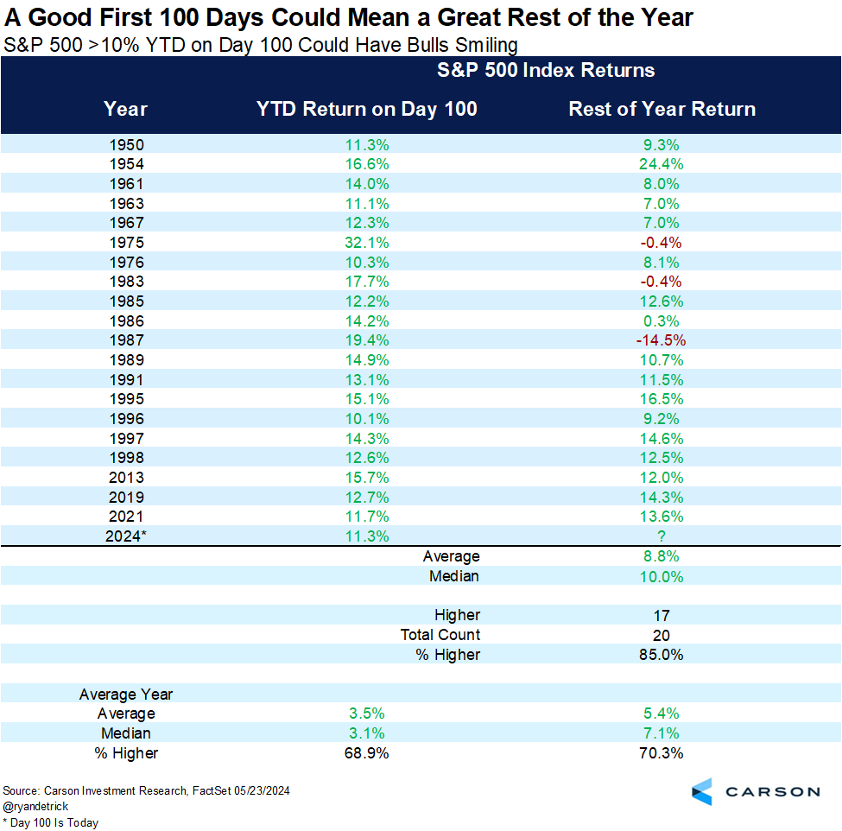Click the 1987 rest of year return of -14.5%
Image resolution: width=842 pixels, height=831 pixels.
[662, 340]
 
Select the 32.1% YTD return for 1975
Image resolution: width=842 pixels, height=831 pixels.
[364, 243]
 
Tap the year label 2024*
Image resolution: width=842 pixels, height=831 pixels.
[126, 536]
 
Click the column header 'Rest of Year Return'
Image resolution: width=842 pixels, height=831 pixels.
[662, 109]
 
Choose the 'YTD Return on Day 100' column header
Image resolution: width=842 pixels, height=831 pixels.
[366, 109]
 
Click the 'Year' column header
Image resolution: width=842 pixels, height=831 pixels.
[126, 109]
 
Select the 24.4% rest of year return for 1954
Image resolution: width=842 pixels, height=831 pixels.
[662, 164]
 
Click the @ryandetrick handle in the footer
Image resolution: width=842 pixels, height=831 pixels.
[37, 807]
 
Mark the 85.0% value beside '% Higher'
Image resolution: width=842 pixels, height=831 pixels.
[662, 655]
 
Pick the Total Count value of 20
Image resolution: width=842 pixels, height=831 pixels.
[662, 635]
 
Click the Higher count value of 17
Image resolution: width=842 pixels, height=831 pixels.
[662, 615]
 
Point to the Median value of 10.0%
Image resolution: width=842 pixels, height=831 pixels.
[662, 576]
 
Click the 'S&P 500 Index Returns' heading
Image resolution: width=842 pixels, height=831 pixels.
[546, 70]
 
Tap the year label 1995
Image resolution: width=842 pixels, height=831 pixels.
[126, 399]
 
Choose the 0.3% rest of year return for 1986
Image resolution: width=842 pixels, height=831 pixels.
[662, 321]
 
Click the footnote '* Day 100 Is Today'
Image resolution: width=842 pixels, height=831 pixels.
[51, 822]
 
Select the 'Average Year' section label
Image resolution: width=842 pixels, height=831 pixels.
[126, 695]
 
